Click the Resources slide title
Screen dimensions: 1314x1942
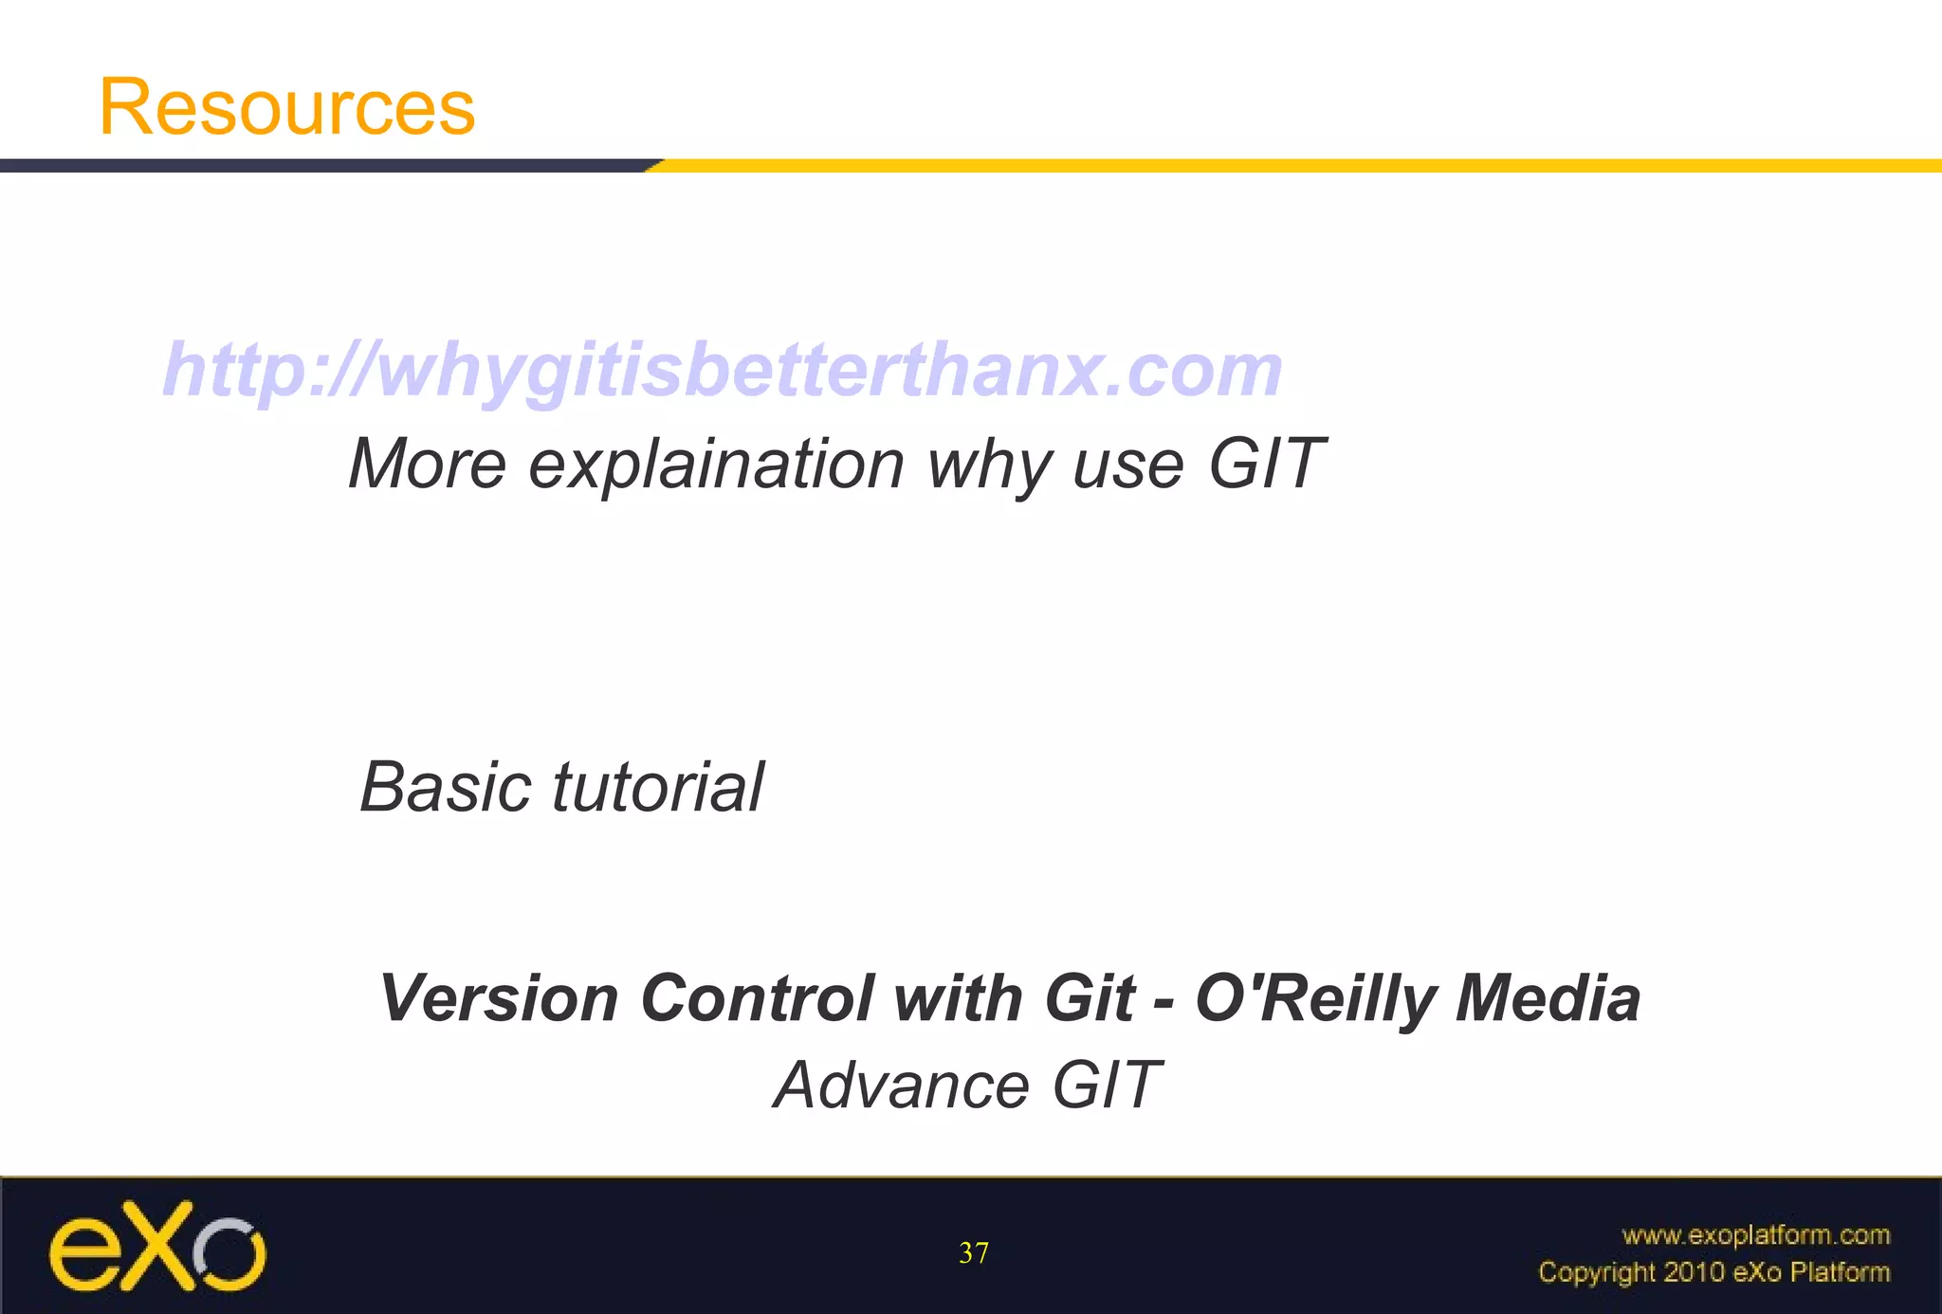286,107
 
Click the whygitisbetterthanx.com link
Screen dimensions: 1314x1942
723,370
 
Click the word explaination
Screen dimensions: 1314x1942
716,465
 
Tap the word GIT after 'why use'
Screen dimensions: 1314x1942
1265,465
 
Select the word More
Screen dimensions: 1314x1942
428,465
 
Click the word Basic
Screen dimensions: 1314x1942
446,788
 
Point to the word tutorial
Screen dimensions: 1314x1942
658,788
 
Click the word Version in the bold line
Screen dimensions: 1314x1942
499,999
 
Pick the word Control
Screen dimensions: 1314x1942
756,999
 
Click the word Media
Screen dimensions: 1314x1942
1548,999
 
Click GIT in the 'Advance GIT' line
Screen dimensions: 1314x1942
1106,1086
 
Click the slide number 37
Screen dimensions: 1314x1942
974,1253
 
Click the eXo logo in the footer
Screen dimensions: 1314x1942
157,1246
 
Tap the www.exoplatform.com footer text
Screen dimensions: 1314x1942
1755,1235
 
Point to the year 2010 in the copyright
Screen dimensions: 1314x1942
1695,1272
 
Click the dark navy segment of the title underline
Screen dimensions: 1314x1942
322,166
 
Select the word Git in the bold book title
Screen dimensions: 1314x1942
1089,999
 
